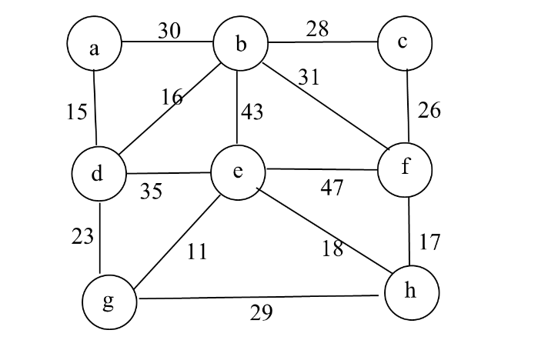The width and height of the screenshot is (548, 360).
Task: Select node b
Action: pyautogui.click(x=240, y=45)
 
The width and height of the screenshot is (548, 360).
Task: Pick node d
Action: pyautogui.click(x=98, y=173)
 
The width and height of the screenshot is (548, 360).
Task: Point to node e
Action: pyautogui.click(x=238, y=171)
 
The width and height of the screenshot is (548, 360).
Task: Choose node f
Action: pyautogui.click(x=406, y=168)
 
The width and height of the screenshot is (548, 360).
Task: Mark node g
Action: pyautogui.click(x=109, y=301)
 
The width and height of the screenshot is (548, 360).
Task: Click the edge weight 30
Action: pyautogui.click(x=169, y=31)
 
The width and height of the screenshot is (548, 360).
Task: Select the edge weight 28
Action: pyautogui.click(x=316, y=29)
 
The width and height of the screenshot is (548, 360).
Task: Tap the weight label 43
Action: pyautogui.click(x=252, y=112)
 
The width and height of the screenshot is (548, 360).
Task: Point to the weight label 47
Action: pyautogui.click(x=332, y=187)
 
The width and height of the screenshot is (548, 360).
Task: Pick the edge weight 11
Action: pyautogui.click(x=197, y=252)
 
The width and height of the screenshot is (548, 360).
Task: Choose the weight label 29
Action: pyautogui.click(x=262, y=313)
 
